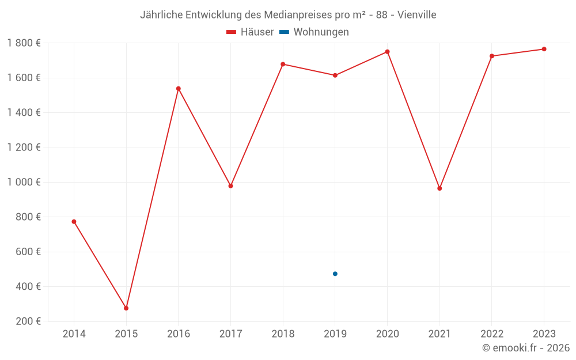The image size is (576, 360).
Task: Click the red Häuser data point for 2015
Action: [x=126, y=308]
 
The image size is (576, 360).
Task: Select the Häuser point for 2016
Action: [x=179, y=89]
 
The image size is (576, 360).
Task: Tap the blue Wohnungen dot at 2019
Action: [x=335, y=274]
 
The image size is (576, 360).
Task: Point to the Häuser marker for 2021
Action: [x=439, y=188]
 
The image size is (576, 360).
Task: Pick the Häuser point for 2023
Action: [x=544, y=49]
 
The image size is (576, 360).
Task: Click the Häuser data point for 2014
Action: [x=74, y=222]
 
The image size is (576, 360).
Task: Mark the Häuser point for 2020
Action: [x=387, y=52]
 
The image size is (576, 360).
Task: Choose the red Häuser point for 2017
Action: [x=230, y=186]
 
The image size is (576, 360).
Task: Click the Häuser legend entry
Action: [x=250, y=32]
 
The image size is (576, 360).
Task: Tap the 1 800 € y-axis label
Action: [x=24, y=43]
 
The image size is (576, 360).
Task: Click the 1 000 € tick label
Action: [x=24, y=182]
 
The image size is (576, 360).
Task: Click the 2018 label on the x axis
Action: [x=283, y=334]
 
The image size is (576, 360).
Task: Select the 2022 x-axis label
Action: [x=491, y=334]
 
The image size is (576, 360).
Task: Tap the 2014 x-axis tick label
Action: [x=74, y=334]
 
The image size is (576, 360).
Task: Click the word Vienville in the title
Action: [x=414, y=14]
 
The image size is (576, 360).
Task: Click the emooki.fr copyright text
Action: [x=526, y=348]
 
